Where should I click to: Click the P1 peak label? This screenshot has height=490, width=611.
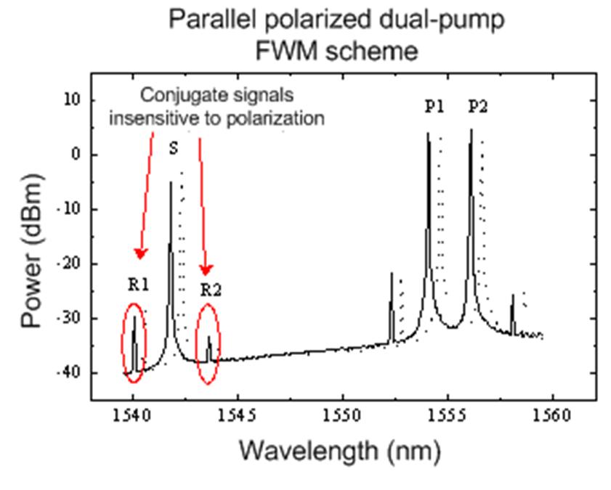point(434,107)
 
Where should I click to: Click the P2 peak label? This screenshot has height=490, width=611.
point(477,107)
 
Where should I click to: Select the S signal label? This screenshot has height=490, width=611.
point(173,149)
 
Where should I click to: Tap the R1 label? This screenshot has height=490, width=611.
point(138,285)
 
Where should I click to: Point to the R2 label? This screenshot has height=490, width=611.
point(211,290)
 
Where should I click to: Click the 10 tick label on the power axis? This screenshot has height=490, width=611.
point(71,99)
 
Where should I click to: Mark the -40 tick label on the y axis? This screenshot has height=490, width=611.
point(68,372)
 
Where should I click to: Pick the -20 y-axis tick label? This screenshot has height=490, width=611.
point(68,264)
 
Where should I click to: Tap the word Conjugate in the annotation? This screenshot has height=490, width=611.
point(179,95)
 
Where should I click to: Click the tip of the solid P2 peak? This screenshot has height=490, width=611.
point(471,130)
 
